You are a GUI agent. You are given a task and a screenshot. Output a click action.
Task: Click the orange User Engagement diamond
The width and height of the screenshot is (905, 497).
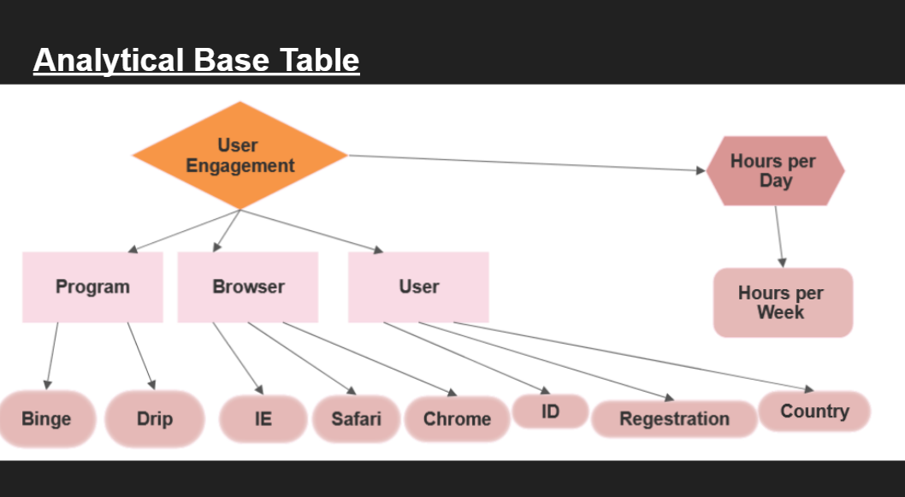(240, 156)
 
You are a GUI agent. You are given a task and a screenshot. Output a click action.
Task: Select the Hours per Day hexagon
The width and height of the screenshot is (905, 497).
(775, 171)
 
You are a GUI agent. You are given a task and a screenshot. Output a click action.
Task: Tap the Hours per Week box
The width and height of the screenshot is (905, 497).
(782, 303)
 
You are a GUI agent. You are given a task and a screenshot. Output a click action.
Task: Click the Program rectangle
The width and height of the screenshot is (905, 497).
(92, 287)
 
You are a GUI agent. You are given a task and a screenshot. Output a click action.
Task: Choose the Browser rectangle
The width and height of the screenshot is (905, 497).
(248, 287)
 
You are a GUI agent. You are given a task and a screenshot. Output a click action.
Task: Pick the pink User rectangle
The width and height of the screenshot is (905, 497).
(418, 287)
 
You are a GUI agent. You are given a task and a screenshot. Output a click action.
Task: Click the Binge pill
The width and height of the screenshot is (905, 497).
(46, 418)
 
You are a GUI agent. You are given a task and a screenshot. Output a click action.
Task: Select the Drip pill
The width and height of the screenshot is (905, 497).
(155, 418)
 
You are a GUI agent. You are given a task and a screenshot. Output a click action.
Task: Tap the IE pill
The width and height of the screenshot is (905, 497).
(263, 419)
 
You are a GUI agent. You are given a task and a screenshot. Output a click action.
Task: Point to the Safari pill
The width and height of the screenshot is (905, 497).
(356, 419)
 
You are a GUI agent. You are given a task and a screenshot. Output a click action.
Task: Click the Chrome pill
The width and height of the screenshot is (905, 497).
(457, 419)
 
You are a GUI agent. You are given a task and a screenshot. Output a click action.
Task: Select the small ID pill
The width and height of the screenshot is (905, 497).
(550, 411)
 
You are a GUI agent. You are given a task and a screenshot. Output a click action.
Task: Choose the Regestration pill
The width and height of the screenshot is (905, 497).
(674, 419)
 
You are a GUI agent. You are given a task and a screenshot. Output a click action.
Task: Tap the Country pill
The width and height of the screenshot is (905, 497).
(814, 411)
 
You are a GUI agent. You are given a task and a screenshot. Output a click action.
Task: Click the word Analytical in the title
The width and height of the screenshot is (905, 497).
(109, 61)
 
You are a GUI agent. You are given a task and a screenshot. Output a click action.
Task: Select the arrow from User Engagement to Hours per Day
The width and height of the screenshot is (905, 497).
(526, 163)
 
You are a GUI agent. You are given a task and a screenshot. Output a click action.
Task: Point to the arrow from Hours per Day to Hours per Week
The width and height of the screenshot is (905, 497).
(779, 236)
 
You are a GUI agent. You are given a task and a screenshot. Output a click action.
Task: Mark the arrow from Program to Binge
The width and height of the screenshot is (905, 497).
(52, 355)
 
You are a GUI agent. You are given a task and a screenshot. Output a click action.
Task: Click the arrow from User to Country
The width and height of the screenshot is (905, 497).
(633, 358)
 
